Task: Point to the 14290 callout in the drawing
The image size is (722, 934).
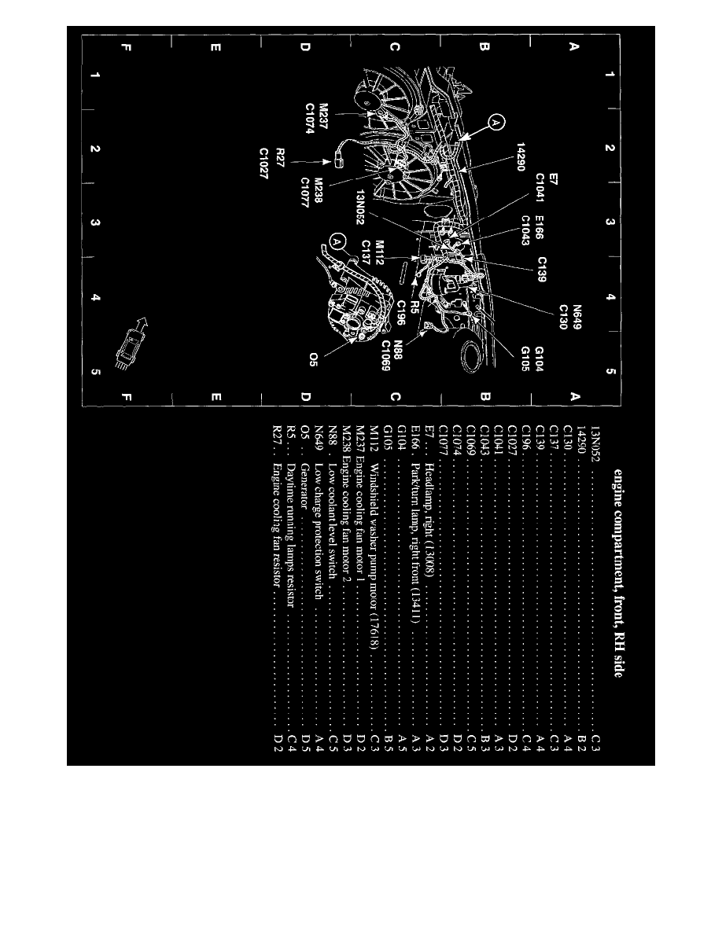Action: click(521, 157)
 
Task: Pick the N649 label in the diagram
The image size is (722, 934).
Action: click(578, 318)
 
